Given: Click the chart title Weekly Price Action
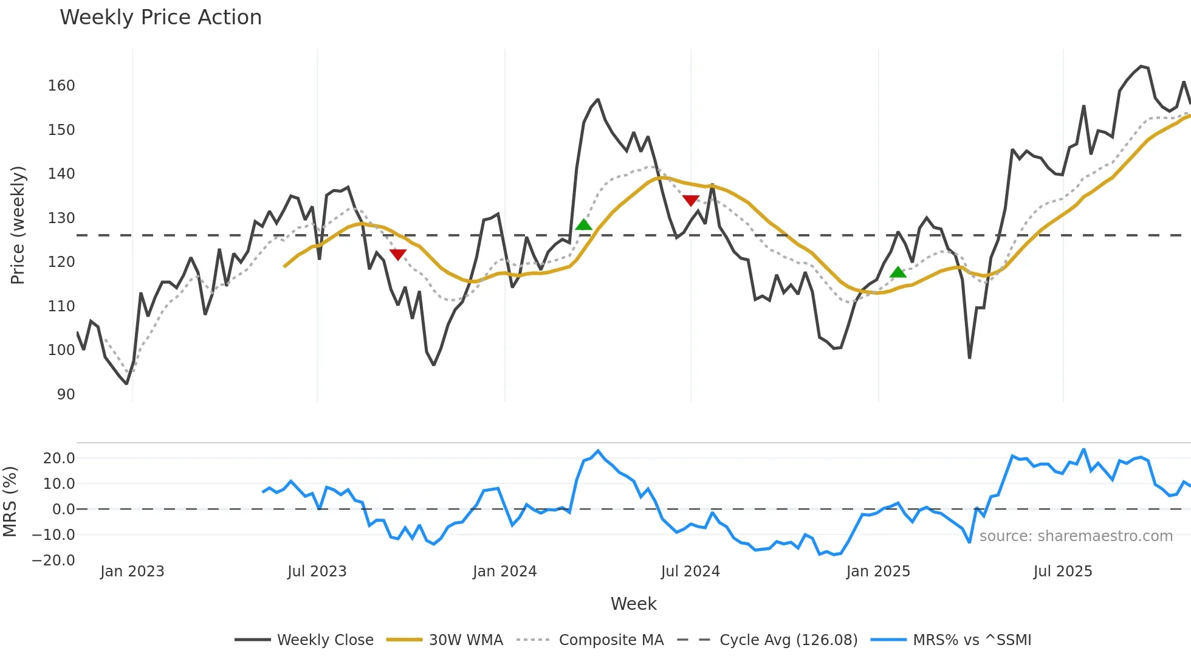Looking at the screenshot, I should (160, 18).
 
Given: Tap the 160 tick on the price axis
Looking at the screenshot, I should (61, 86).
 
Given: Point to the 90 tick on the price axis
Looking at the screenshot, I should (66, 395).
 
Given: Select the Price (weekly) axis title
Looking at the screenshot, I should (18, 225).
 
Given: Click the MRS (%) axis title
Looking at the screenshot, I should (10, 502).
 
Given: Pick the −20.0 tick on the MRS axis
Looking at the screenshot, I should (53, 561).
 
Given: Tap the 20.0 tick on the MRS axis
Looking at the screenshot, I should (59, 458).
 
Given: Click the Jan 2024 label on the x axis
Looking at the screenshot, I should (504, 572).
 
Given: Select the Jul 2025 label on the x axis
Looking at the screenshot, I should (1062, 572).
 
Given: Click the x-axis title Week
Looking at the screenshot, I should (633, 604).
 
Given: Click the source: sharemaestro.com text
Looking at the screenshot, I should (1076, 536).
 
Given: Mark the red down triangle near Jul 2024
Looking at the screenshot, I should (690, 200).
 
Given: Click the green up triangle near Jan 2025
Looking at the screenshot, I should (898, 272).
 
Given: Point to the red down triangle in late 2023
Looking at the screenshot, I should (397, 254).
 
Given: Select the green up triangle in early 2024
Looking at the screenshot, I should (583, 225).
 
